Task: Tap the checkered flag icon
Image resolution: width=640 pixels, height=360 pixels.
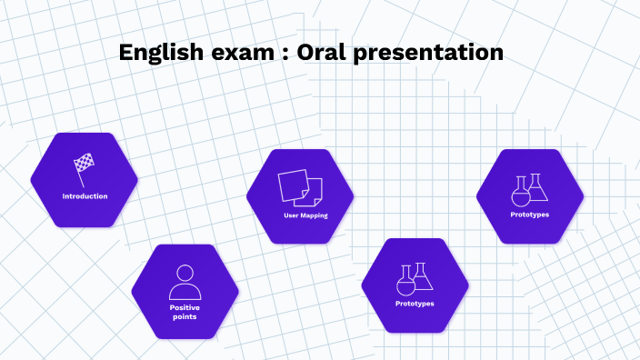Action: (x=84, y=168)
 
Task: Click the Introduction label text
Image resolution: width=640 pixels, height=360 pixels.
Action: (x=85, y=196)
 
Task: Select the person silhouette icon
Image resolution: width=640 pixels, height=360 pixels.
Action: (x=185, y=282)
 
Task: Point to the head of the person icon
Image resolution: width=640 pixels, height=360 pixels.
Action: (x=185, y=273)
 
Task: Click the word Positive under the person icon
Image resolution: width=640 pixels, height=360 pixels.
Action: (x=185, y=307)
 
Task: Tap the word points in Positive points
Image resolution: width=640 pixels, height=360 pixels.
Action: (x=185, y=316)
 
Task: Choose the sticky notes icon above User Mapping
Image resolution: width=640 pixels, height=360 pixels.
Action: (x=300, y=186)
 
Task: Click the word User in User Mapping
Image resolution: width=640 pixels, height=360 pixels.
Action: (x=289, y=215)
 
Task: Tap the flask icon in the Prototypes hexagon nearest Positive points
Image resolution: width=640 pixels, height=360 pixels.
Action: (x=415, y=277)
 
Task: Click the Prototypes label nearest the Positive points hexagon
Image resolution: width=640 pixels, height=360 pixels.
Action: (x=415, y=303)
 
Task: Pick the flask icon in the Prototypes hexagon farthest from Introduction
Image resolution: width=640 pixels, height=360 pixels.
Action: (x=530, y=189)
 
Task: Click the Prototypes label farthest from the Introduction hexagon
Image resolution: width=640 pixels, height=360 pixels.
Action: (x=530, y=215)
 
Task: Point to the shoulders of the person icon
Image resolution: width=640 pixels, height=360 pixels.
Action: (x=185, y=293)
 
